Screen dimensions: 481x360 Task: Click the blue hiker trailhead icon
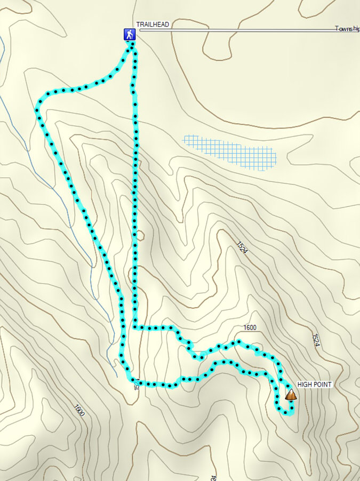click(x=129, y=35)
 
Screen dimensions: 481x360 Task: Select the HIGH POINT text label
click(x=315, y=384)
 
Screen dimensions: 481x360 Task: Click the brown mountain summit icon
click(x=291, y=395)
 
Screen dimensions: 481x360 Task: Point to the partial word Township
click(x=347, y=28)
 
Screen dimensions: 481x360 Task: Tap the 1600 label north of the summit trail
click(x=250, y=327)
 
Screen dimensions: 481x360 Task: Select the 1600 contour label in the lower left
click(x=79, y=410)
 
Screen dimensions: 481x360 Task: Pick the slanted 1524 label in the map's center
click(x=242, y=247)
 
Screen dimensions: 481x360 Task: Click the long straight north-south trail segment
click(x=135, y=203)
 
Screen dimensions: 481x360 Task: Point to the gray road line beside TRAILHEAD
click(x=240, y=31)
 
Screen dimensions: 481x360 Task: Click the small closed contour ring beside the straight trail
click(x=140, y=234)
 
